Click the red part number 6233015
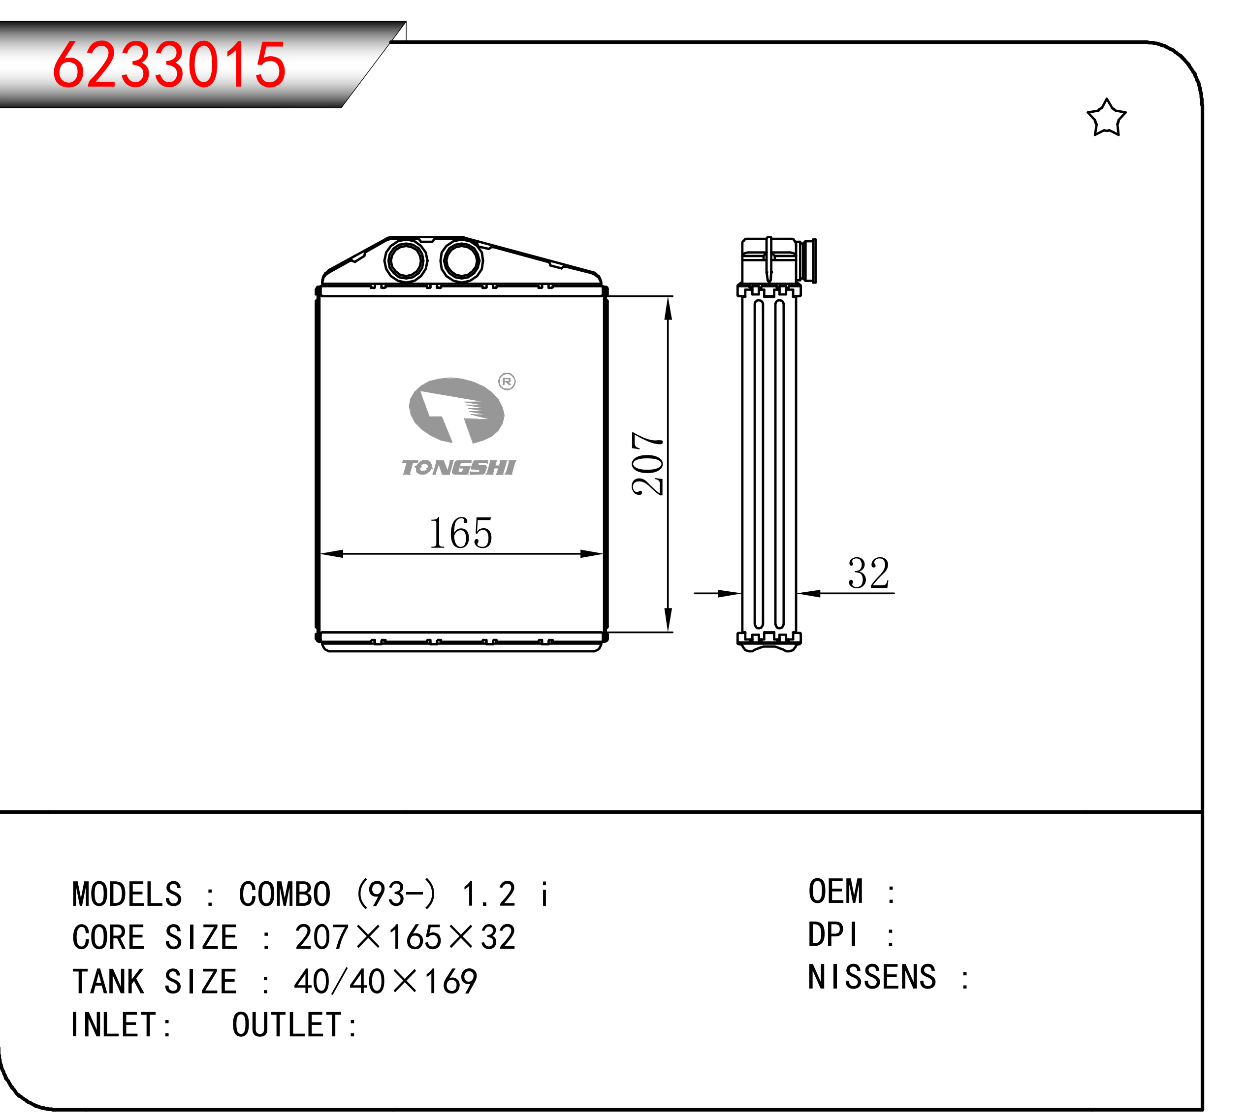(x=169, y=64)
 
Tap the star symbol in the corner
(x=1106, y=118)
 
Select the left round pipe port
(x=406, y=260)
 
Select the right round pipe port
(x=461, y=260)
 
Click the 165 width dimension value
(x=460, y=533)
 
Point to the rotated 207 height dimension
(x=648, y=463)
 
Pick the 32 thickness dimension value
(x=868, y=574)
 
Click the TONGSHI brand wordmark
(x=458, y=468)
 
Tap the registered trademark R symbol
(x=507, y=382)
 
